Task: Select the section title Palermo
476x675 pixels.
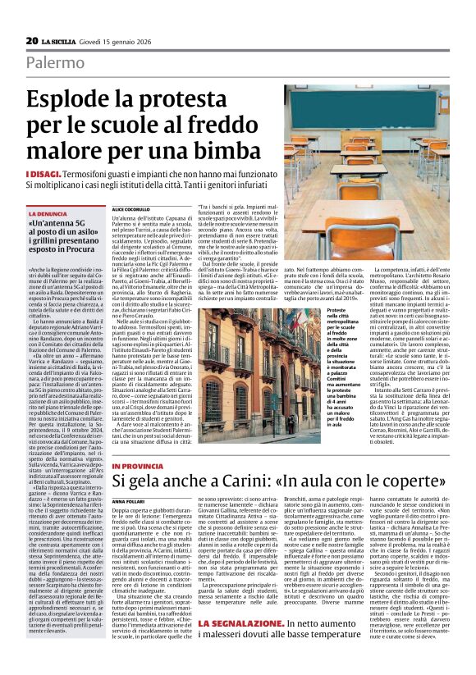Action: click(55, 62)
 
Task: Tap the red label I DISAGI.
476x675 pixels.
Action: click(43, 175)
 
